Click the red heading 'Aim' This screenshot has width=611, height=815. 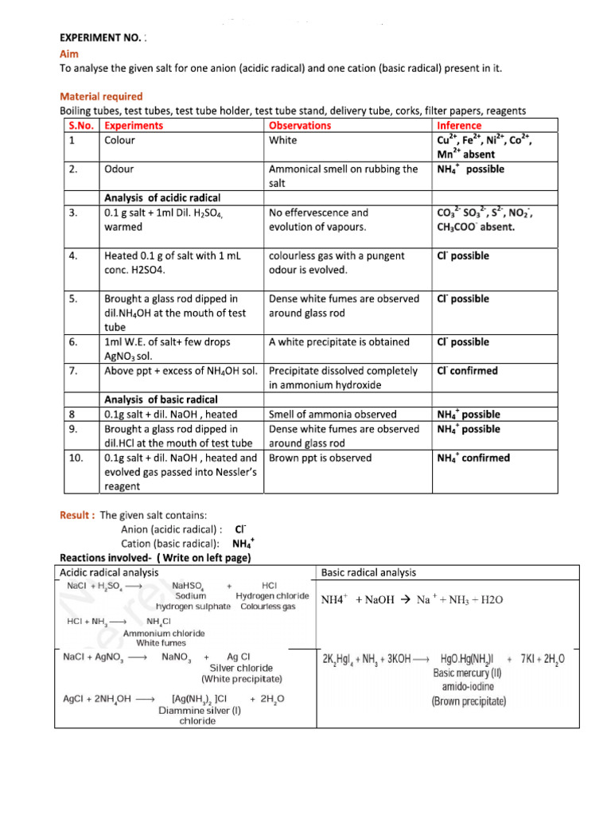[x=69, y=53]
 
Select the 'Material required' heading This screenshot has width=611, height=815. [x=102, y=96]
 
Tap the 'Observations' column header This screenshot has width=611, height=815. [x=300, y=126]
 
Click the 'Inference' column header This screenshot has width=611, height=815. [x=459, y=126]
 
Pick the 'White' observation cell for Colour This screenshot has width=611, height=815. [x=283, y=140]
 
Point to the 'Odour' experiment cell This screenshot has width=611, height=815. [x=119, y=169]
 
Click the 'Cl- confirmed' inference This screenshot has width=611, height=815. [x=468, y=371]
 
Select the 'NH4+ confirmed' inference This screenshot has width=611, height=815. [x=473, y=458]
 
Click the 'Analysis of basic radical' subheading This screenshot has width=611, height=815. [x=162, y=400]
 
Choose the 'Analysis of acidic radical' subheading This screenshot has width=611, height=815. [x=162, y=197]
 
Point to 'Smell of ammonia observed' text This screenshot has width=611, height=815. [x=333, y=415]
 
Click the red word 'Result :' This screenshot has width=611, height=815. [x=78, y=515]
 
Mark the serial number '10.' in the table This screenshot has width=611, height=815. [x=71, y=458]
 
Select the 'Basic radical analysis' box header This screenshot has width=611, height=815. [x=368, y=572]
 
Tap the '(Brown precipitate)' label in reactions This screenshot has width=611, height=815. [x=469, y=701]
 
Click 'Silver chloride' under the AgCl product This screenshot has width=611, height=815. [x=241, y=668]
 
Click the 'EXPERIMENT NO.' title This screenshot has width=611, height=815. [x=103, y=37]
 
